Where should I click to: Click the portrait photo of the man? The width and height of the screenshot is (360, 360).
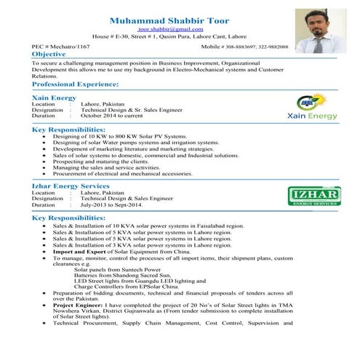321,30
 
